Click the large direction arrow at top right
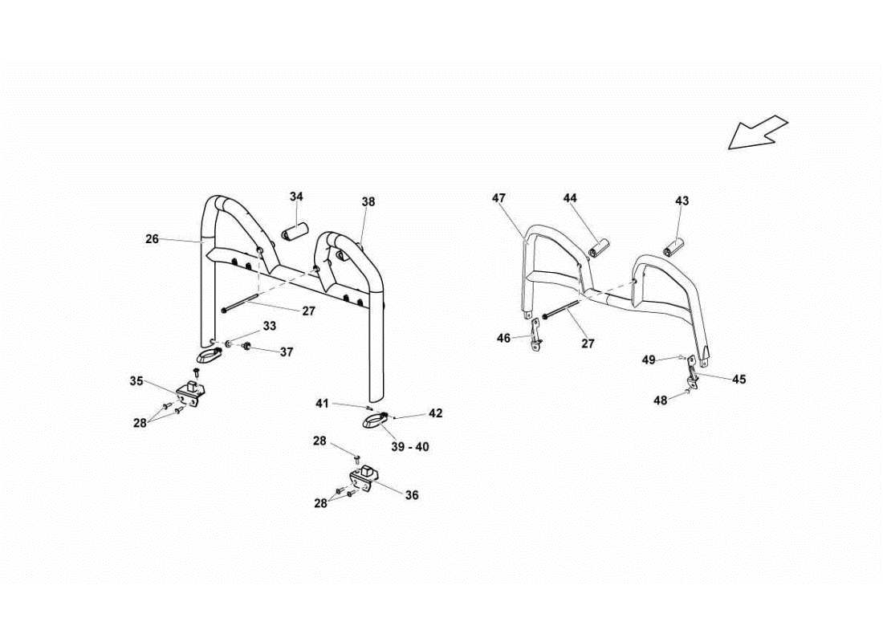point(759,132)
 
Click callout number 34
point(297,197)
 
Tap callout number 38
point(368,202)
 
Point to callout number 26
point(153,238)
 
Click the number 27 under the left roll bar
point(308,311)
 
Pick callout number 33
point(269,326)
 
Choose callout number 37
point(287,351)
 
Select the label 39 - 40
point(410,446)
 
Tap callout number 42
point(435,413)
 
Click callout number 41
point(321,403)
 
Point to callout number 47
point(499,197)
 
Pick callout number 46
point(503,339)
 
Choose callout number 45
point(739,379)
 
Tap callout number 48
point(660,400)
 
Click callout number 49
point(649,360)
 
